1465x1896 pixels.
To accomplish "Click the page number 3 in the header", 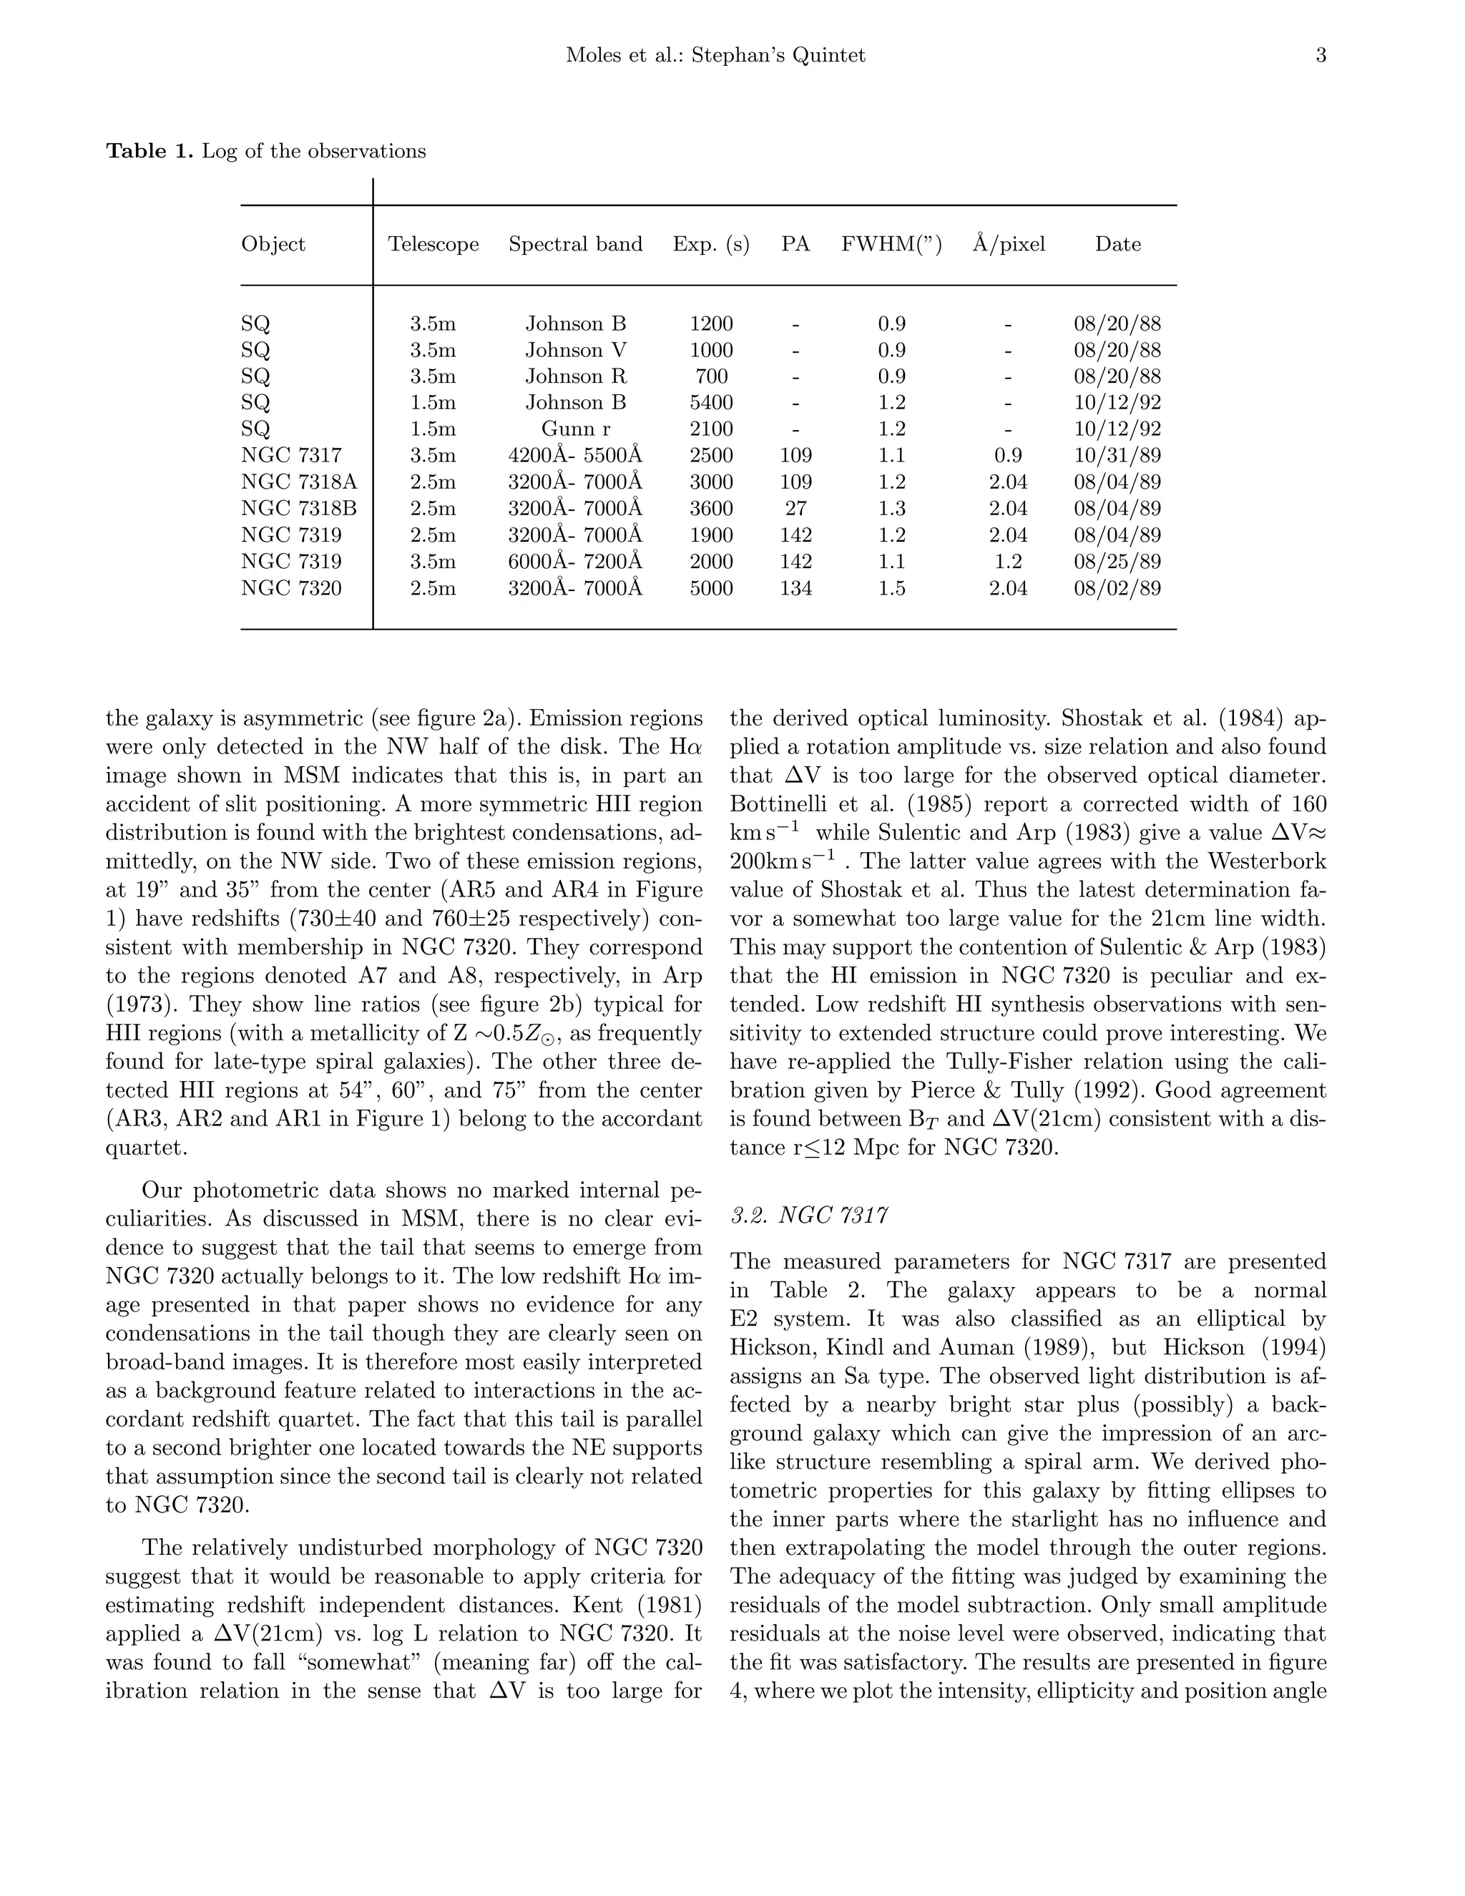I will (1320, 57).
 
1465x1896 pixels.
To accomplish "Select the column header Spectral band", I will (575, 245).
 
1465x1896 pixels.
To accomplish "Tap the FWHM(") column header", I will (891, 245).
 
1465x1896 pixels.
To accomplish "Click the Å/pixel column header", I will (1009, 244).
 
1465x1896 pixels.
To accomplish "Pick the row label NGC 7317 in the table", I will (292, 456).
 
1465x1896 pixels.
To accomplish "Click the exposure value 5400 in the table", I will (711, 403).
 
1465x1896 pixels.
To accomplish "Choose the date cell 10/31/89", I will (1117, 456).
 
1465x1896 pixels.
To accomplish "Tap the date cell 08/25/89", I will (1117, 562).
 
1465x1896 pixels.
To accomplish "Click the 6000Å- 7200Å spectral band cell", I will (575, 562).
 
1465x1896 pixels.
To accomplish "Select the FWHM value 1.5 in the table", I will (891, 589).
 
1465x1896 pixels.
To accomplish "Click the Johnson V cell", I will (575, 351).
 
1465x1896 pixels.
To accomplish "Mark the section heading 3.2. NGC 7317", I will (809, 1216).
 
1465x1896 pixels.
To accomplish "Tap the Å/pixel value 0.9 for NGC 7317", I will (1009, 456).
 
